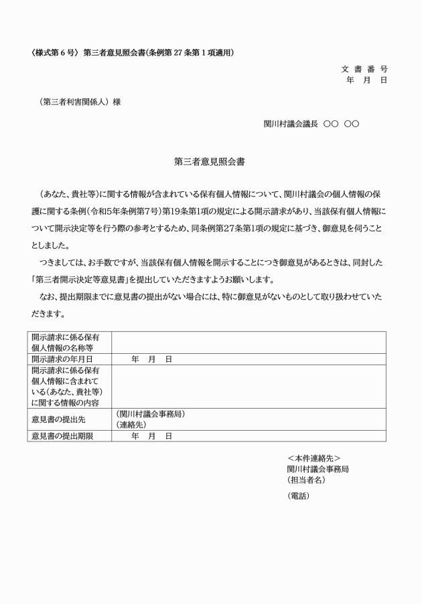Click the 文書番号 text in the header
(364, 69)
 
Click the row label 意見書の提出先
(60, 419)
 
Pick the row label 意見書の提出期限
(62, 436)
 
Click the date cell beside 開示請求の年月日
(152, 359)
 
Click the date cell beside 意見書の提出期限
(152, 436)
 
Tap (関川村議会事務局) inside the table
(151, 414)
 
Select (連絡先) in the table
(131, 425)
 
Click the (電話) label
(298, 496)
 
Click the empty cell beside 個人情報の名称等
(249, 342)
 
